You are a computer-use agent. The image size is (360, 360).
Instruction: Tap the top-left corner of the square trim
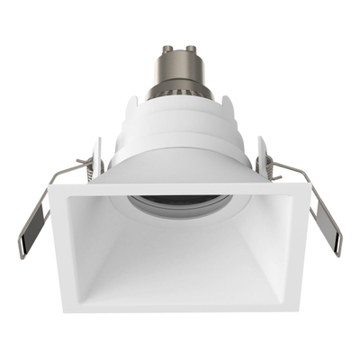click(x=52, y=187)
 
